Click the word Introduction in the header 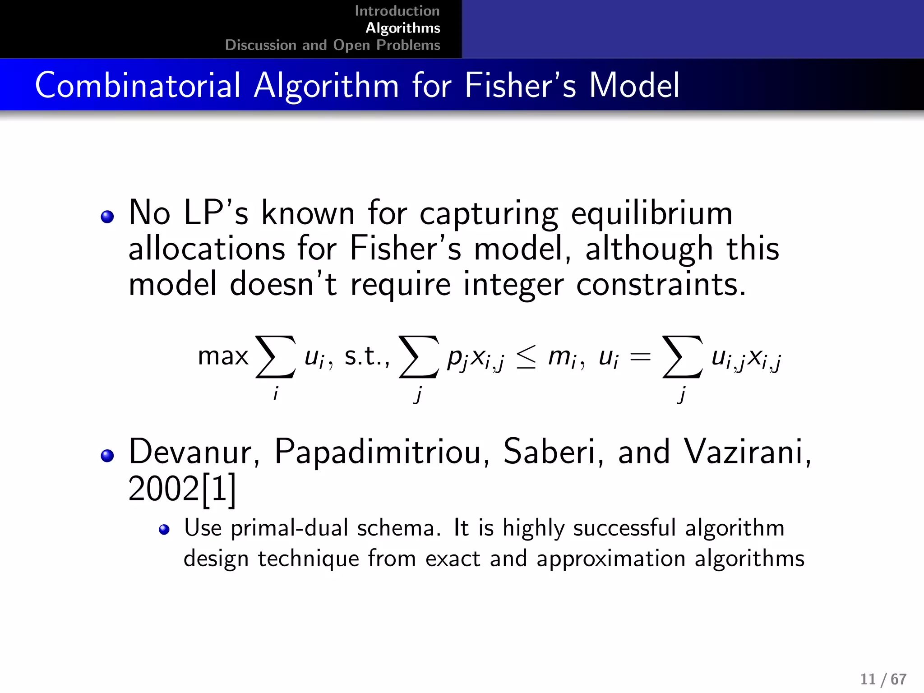(397, 11)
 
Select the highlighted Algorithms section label (402, 28)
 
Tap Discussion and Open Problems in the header (333, 45)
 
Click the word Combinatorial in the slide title (138, 85)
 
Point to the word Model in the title (634, 85)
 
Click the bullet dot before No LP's (107, 217)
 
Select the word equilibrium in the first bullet (651, 213)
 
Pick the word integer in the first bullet (513, 285)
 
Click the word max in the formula (223, 356)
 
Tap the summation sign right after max (276, 356)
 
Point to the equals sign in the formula (640, 357)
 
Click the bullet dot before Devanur (107, 456)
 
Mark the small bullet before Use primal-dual (164, 529)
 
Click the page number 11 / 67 (883, 679)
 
